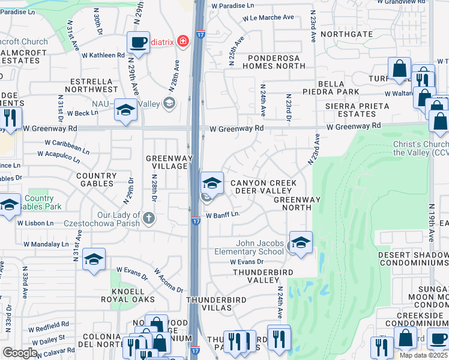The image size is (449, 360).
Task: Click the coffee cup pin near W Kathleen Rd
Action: pyautogui.click(x=138, y=43)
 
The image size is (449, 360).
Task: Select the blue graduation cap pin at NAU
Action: pyautogui.click(x=125, y=110)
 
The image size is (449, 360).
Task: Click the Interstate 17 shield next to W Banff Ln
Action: pyautogui.click(x=196, y=221)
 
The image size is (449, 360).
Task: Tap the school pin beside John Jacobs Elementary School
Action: pyautogui.click(x=301, y=243)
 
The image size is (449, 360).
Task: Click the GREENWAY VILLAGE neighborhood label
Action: pyautogui.click(x=169, y=163)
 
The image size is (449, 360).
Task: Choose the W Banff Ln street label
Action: pyautogui.click(x=223, y=214)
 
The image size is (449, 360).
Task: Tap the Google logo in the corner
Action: pyautogui.click(x=20, y=353)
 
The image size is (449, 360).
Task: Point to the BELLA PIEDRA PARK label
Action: pyautogui.click(x=330, y=86)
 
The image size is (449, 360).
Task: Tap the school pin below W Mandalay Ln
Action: pyautogui.click(x=94, y=259)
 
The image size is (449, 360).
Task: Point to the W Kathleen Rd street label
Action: pyautogui.click(x=103, y=55)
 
